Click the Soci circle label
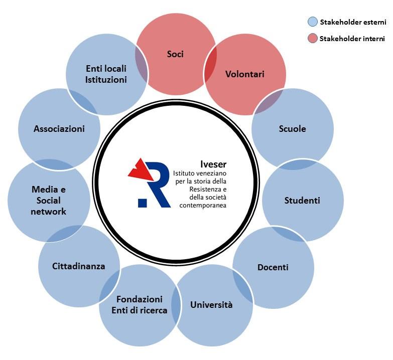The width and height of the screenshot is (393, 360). coord(175,54)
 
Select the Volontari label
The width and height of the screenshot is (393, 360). coord(244,74)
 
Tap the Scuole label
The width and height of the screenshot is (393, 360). coord(292,129)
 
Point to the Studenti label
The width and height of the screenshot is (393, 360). coord(302,201)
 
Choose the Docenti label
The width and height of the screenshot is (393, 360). coord(273,267)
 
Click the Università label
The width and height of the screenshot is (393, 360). coord(211,304)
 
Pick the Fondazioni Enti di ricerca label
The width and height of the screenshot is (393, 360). coord(140,304)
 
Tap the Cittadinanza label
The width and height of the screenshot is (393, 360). coord(79,266)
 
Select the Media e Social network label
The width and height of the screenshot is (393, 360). coord(49,201)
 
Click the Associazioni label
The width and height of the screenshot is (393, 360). coord(59,129)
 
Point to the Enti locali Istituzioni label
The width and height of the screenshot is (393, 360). coord(106,74)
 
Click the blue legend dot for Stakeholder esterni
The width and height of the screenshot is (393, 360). coord(312,22)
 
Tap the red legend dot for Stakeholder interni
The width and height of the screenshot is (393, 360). coord(312,39)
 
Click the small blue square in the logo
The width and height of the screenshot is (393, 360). coord(142,203)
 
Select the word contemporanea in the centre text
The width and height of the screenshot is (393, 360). coord(199,205)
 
